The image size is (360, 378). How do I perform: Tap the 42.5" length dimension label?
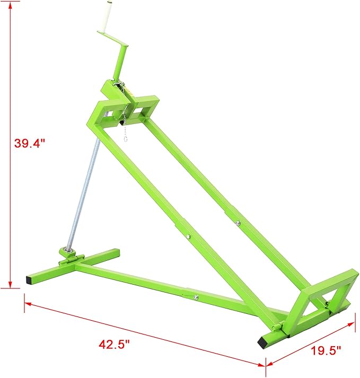(x=115, y=344)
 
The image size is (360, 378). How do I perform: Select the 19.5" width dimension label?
(x=325, y=350)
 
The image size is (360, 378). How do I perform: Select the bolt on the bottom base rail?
(x=196, y=297)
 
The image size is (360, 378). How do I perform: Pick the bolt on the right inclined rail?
(x=238, y=222)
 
